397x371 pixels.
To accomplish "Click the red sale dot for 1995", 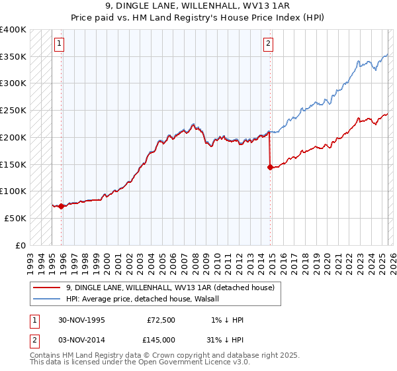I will click(62, 206).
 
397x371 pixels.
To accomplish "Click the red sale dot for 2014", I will click(270, 167).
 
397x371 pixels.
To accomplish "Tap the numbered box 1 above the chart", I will click(59, 44).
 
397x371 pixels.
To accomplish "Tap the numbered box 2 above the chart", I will click(268, 44).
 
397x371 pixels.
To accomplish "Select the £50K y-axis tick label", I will click(16, 218).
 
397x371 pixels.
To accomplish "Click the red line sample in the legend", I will click(48, 288).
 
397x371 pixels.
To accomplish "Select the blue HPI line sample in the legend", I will click(48, 299).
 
